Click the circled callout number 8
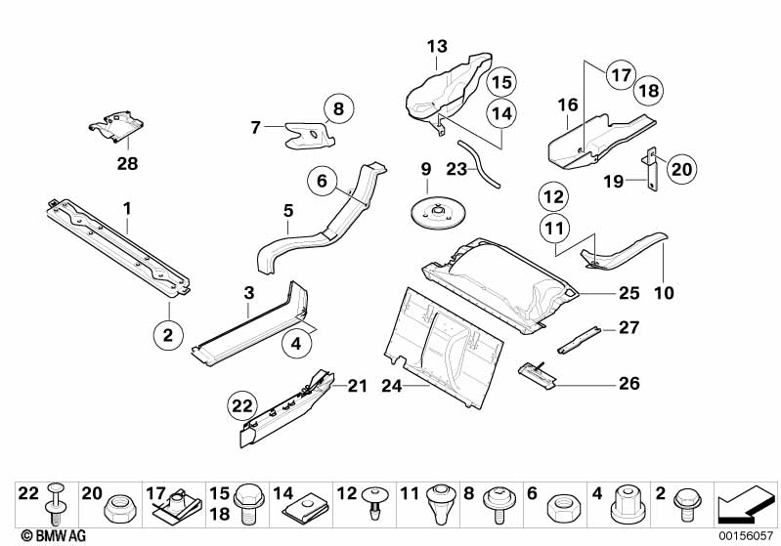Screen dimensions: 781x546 point(339,108)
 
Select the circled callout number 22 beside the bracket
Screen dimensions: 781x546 point(242,406)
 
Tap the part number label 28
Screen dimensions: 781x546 point(127,163)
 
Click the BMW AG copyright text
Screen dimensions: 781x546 point(54,535)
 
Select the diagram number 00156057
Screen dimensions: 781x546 point(746,535)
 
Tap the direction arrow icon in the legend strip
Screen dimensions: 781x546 point(746,504)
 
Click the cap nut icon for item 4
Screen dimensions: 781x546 point(626,505)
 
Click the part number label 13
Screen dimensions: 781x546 point(437,47)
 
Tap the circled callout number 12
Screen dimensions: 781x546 point(554,197)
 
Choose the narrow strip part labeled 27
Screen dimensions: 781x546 point(579,341)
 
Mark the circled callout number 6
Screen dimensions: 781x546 point(323,181)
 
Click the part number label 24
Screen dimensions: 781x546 point(392,386)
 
